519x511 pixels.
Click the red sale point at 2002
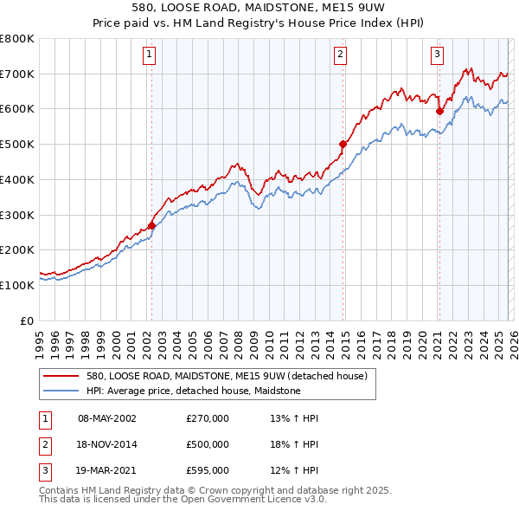(151, 225)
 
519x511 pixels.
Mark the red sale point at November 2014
(343, 144)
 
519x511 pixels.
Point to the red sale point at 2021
(439, 111)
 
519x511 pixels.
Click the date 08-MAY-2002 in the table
(107, 418)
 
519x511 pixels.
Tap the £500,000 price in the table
(208, 444)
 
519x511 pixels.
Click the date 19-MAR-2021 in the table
(107, 470)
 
